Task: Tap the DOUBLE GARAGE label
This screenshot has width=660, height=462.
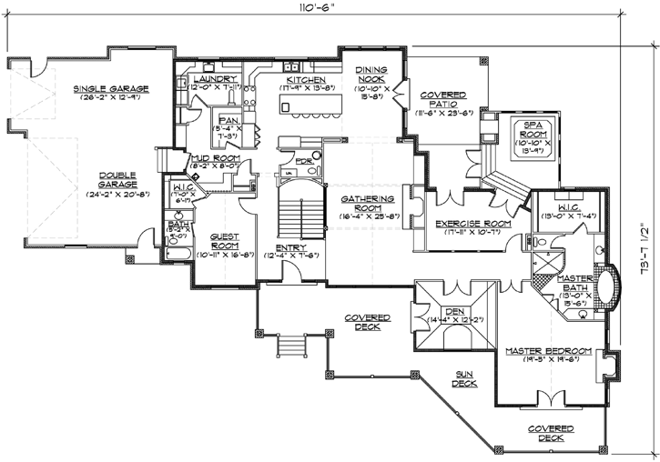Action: coord(117,180)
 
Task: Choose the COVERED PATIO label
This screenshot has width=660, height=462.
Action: coord(442,99)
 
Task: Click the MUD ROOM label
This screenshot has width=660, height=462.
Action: coord(213,158)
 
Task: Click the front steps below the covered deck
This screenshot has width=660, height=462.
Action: coord(290,347)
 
